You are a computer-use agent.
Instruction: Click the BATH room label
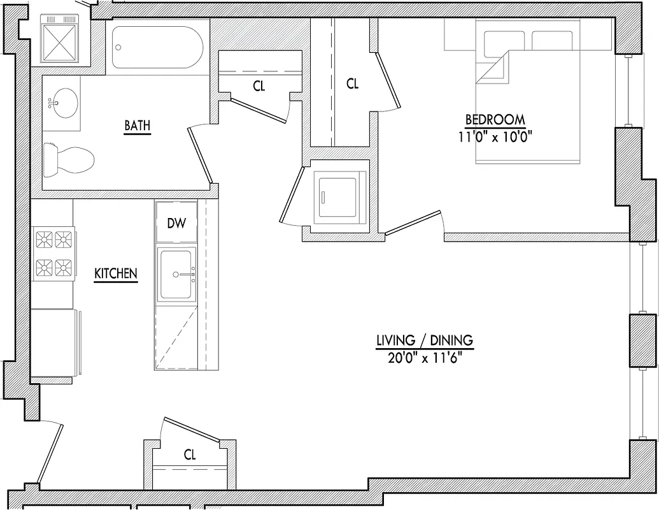(x=137, y=126)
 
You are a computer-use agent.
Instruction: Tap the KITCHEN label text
(x=116, y=273)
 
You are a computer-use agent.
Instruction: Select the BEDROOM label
(x=495, y=119)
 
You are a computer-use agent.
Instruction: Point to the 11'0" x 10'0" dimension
(x=495, y=136)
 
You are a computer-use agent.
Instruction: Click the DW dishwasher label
(x=176, y=223)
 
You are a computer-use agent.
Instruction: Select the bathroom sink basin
(x=63, y=101)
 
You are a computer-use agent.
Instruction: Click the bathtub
(x=157, y=48)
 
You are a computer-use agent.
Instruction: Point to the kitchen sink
(x=176, y=275)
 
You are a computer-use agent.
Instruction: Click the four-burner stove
(x=53, y=253)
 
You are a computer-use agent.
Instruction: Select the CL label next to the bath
(x=259, y=86)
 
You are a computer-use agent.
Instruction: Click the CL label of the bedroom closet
(x=352, y=84)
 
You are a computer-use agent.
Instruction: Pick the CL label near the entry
(x=190, y=455)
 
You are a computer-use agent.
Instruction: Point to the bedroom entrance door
(x=414, y=223)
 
